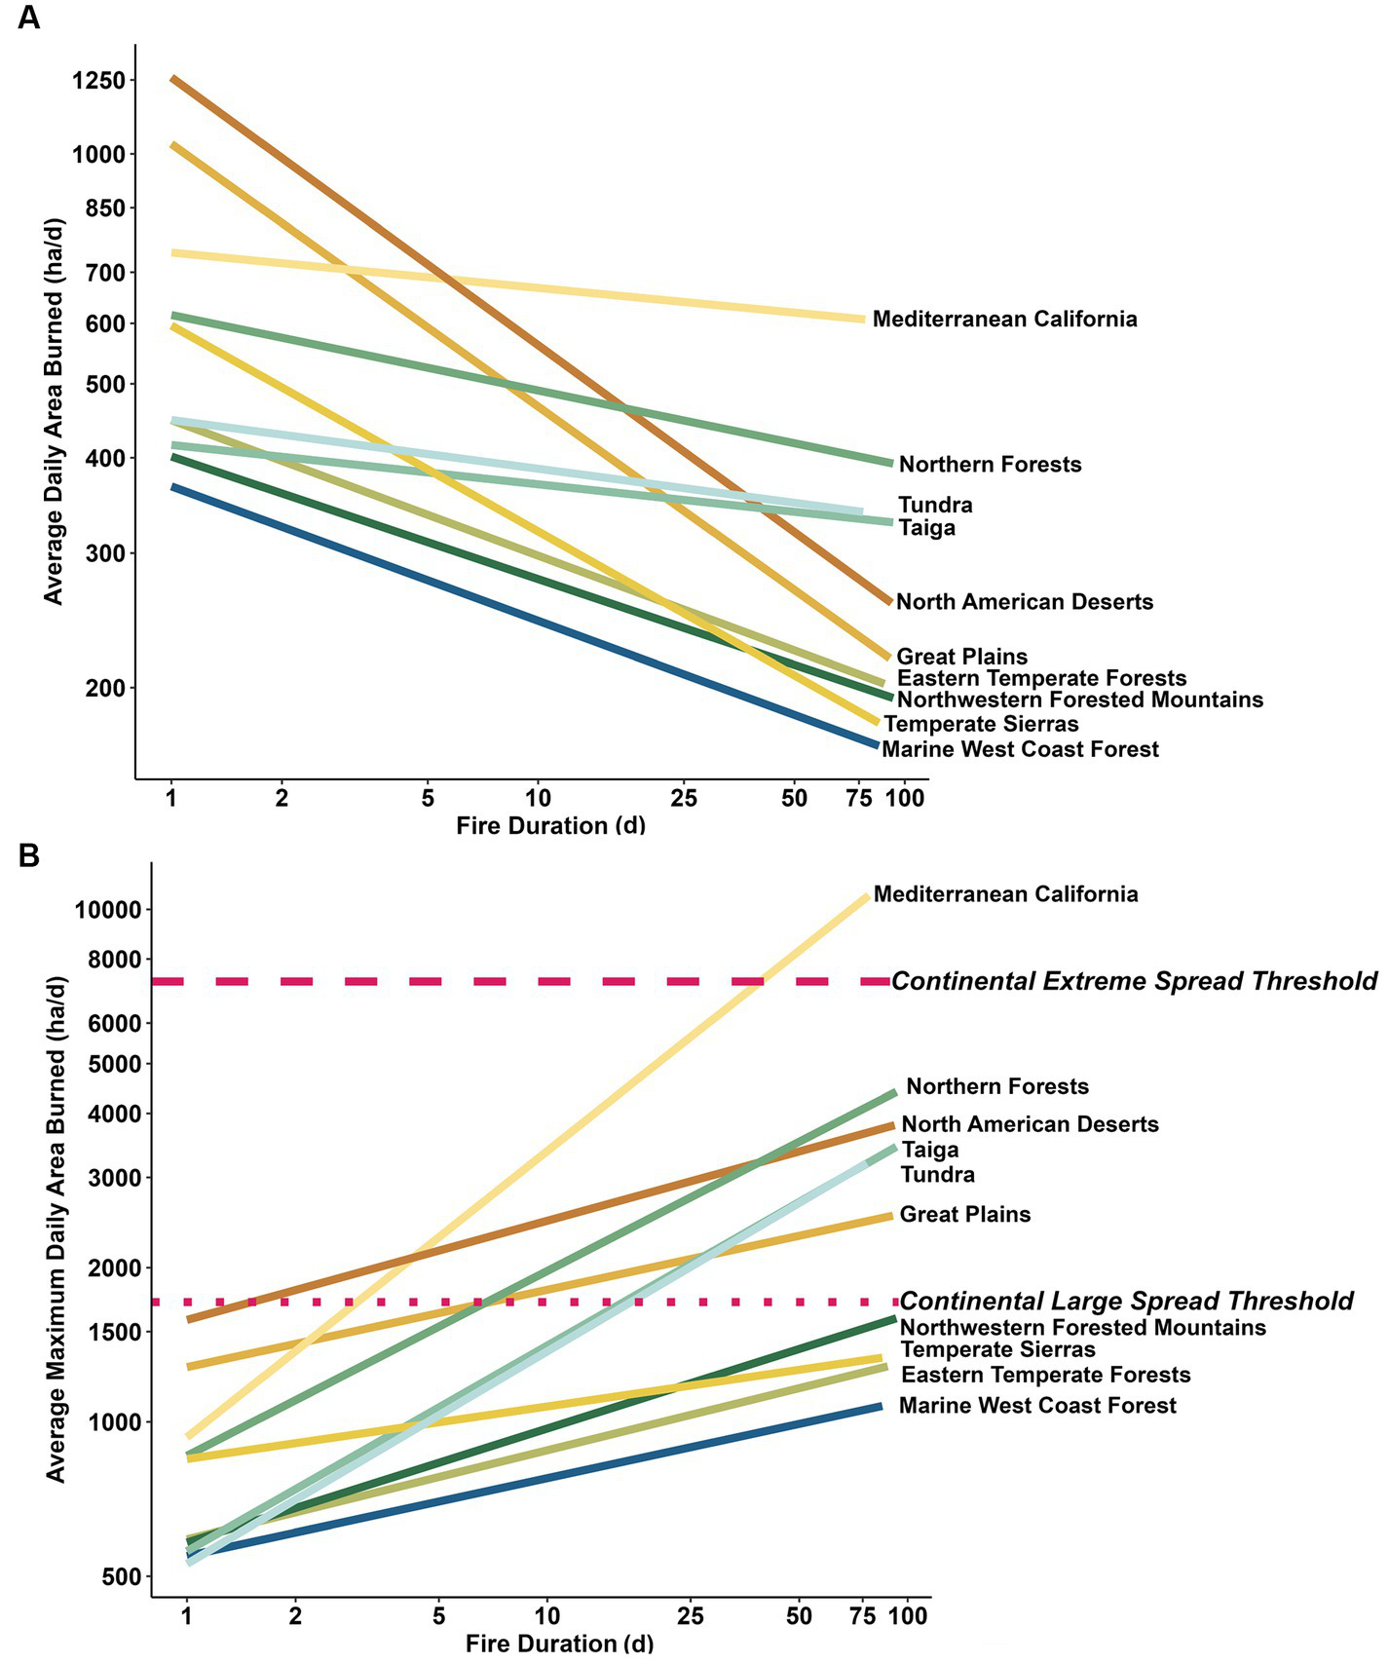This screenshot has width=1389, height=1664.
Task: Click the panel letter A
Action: (29, 18)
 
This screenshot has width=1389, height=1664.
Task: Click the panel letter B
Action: (29, 856)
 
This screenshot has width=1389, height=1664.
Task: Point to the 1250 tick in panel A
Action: (98, 81)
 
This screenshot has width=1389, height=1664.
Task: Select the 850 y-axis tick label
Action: (105, 208)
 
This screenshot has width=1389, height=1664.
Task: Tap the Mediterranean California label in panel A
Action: (1004, 320)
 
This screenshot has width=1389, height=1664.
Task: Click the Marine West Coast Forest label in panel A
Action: (1020, 749)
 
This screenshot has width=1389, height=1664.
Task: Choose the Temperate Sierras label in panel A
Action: (981, 724)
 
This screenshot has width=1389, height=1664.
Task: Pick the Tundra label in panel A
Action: (935, 505)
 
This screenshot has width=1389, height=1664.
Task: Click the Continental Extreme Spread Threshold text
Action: (1134, 981)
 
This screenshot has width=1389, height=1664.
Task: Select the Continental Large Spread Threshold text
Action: (1126, 1302)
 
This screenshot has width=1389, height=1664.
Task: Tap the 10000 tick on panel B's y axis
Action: (106, 910)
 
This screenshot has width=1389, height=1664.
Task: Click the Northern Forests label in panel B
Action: (997, 1086)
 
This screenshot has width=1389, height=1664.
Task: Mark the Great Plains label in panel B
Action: (964, 1215)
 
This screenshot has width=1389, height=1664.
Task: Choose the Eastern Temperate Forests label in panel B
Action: (1045, 1375)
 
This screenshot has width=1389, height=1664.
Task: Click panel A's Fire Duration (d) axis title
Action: (550, 826)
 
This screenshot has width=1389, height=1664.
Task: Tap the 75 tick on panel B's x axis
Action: (863, 1616)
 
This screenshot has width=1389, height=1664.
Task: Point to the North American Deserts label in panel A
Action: (1024, 602)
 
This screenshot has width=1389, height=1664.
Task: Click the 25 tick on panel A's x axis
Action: (684, 799)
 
